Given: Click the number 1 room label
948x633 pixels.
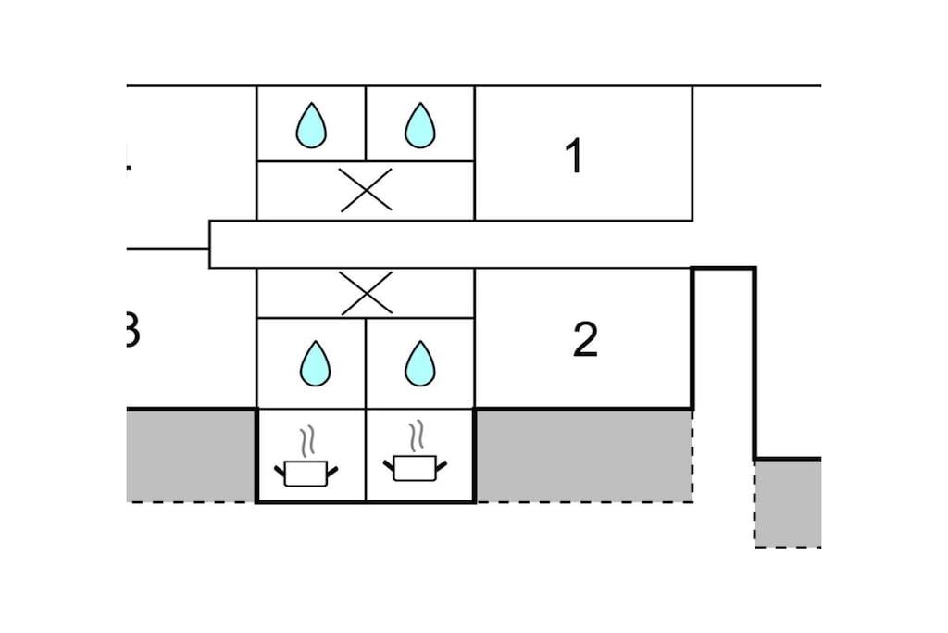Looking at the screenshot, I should point(574,156).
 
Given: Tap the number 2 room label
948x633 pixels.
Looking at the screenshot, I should point(585,340).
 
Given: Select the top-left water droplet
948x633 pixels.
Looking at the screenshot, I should point(311,125).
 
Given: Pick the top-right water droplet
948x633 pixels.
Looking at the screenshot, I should point(420,125).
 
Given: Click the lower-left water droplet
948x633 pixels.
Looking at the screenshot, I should point(315,363).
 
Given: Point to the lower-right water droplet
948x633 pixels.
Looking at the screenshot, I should point(420,363).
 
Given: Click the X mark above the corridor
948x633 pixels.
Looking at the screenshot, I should point(366,190).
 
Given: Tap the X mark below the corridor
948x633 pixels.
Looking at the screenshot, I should point(366,293).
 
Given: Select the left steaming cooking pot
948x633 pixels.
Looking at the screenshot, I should point(306,473).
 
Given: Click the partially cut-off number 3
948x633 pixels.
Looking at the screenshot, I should point(131,331).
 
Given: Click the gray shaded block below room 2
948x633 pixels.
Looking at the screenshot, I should point(583,455).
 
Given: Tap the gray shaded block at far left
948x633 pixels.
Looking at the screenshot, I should point(191,455).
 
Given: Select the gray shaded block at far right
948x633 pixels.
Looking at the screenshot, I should point(788,502).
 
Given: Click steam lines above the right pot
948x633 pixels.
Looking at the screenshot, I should point(418,436).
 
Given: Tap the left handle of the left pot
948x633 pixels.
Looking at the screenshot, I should point(280,471).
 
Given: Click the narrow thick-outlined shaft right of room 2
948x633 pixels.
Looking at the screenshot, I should point(724,361).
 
